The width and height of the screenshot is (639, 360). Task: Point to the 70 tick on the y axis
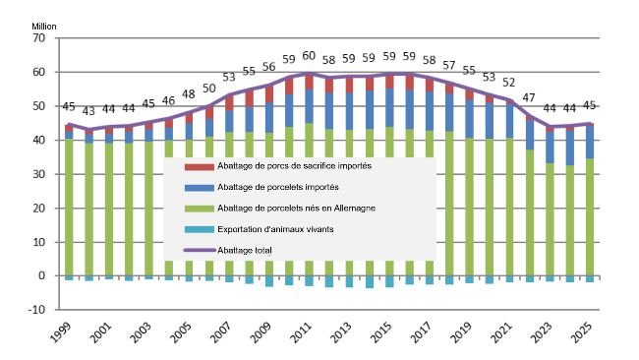39,38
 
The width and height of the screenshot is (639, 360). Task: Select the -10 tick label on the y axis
37,310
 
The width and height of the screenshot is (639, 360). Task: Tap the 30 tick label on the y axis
39,174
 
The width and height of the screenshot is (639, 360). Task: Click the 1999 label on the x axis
60,333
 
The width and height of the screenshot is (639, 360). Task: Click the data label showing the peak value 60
308,57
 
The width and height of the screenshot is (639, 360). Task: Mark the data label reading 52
508,83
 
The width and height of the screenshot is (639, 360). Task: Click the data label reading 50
208,89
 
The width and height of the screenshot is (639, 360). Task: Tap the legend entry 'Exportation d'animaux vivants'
260,230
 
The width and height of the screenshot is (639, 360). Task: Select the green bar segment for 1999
69,207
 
